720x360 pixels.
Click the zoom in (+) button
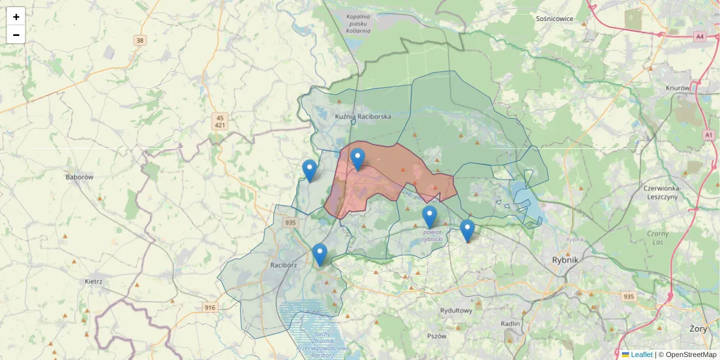[16, 16]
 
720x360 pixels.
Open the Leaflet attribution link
[641, 355]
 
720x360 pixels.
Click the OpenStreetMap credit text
[687, 355]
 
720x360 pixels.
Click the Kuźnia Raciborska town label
[363, 116]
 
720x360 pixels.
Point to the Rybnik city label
[565, 260]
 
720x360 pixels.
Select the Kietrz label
[94, 281]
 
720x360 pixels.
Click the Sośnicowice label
[554, 19]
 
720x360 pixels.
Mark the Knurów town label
[678, 88]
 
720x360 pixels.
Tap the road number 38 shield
[140, 41]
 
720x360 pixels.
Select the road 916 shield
[209, 308]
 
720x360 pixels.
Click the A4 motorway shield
[700, 37]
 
